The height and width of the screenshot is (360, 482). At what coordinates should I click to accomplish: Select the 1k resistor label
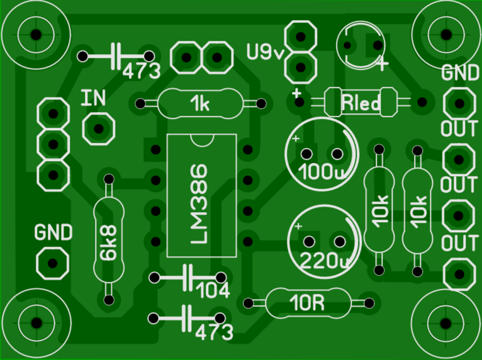point(201,104)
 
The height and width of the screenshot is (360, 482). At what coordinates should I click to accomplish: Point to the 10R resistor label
point(308,304)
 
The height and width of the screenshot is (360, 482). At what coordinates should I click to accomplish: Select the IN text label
point(94,98)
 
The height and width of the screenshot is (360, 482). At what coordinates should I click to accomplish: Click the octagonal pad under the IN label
point(98,129)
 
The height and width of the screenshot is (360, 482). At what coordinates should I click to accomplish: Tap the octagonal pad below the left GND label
point(52,262)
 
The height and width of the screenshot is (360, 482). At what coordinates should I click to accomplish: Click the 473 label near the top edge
point(142,70)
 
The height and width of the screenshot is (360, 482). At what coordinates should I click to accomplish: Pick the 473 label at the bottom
point(214,332)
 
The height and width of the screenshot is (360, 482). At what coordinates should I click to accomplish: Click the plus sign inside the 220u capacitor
point(298,226)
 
